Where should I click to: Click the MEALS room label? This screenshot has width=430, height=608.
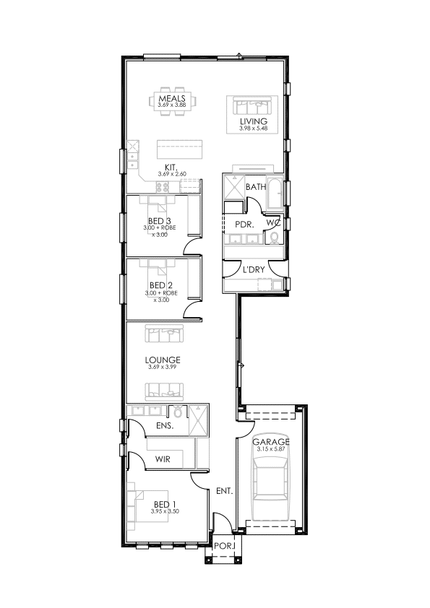pyautogui.click(x=172, y=98)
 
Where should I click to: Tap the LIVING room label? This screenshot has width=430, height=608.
pyautogui.click(x=254, y=121)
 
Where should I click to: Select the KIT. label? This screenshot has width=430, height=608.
pyautogui.click(x=171, y=168)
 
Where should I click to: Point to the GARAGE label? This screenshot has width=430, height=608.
pyautogui.click(x=271, y=442)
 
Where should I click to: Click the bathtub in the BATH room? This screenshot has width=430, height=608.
pyautogui.click(x=275, y=192)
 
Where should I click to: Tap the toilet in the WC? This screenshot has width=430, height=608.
pyautogui.click(x=275, y=238)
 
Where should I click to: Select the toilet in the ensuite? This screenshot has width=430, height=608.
pyautogui.click(x=178, y=412)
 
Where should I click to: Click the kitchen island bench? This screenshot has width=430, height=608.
pyautogui.click(x=180, y=149)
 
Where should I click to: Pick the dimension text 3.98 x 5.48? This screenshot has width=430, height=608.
pyautogui.click(x=254, y=129)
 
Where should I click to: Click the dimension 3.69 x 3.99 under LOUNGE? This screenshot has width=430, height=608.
pyautogui.click(x=162, y=367)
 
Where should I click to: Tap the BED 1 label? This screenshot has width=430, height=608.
pyautogui.click(x=165, y=505)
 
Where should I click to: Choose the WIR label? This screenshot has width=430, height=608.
pyautogui.click(x=163, y=459)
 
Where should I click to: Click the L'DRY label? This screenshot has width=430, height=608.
pyautogui.click(x=254, y=269)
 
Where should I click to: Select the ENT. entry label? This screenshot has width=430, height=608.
pyautogui.click(x=224, y=491)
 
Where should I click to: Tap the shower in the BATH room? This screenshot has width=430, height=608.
pyautogui.click(x=234, y=188)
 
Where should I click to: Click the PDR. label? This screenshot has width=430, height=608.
pyautogui.click(x=244, y=225)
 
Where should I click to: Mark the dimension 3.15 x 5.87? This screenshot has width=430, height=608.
pyautogui.click(x=271, y=449)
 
